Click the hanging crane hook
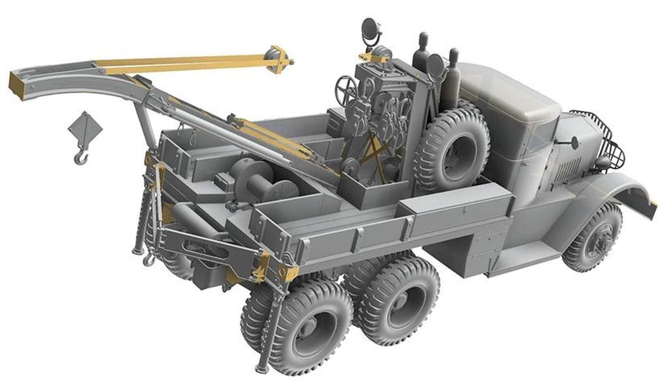click(x=80, y=156)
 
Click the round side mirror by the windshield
click(x=574, y=141)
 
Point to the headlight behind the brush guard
click(x=603, y=161)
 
